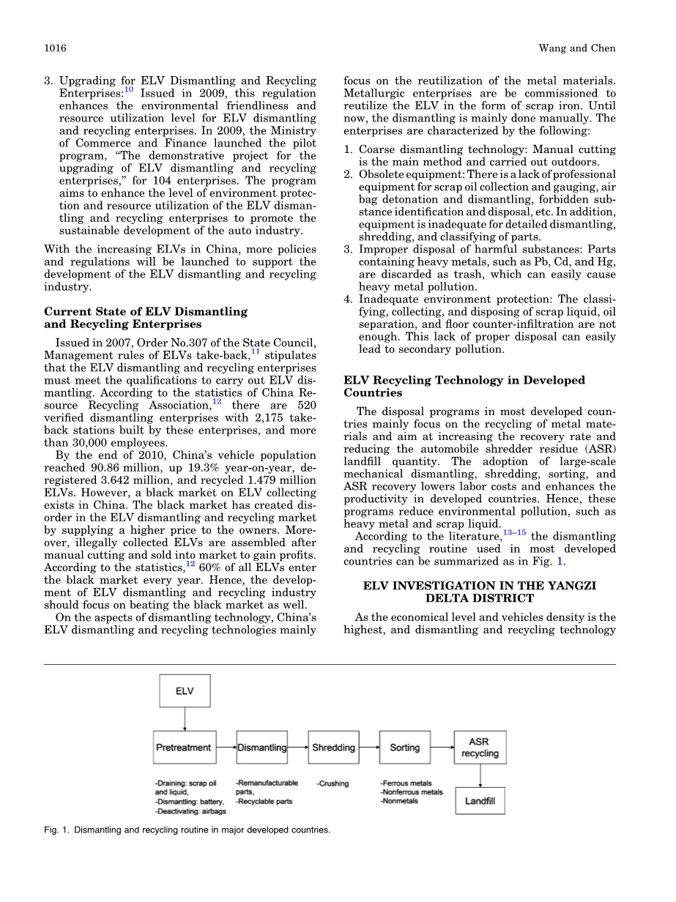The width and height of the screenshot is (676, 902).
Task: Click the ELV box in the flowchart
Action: (185, 691)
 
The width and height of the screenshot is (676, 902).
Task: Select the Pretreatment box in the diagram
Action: (183, 748)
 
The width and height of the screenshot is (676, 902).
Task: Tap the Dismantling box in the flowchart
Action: (262, 748)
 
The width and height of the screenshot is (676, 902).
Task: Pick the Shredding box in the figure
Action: (333, 748)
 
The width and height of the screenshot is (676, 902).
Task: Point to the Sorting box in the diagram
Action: (404, 748)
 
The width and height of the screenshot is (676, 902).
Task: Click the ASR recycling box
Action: (479, 748)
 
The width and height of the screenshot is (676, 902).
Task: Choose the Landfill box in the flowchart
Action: (480, 801)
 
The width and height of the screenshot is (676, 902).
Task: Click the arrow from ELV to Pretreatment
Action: (185, 720)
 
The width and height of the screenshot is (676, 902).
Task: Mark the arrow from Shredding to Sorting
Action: (369, 748)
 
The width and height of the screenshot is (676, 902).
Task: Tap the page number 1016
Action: (56, 48)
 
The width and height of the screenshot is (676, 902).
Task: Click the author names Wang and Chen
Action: (577, 48)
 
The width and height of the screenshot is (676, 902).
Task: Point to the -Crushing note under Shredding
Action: (333, 783)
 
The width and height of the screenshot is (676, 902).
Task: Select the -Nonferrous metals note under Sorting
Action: (412, 792)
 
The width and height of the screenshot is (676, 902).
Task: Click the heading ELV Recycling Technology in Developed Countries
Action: (464, 387)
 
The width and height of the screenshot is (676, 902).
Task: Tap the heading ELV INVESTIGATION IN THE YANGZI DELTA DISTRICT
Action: (480, 592)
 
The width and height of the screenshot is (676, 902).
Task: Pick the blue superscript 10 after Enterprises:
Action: (128, 90)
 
